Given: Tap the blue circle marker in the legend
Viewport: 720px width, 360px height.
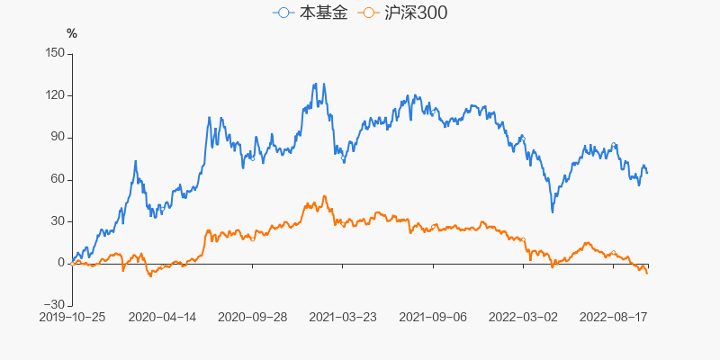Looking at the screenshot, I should [284, 13].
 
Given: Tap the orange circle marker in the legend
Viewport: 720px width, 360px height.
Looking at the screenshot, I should [368, 13].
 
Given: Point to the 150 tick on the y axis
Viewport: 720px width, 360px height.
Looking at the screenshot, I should [54, 53].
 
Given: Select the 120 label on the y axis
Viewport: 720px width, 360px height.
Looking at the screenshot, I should [54, 95].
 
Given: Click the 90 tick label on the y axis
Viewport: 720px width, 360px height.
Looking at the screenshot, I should [58, 137].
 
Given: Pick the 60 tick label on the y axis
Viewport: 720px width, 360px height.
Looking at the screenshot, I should [58, 179].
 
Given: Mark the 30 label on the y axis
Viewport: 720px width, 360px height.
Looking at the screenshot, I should [58, 221].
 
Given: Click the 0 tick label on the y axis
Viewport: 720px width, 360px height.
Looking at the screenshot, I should [61, 263].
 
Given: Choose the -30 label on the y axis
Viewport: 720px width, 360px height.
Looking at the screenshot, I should [56, 305].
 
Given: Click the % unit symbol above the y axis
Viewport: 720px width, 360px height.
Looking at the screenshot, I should [72, 33].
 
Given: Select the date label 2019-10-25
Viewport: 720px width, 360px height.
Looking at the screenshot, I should [72, 317].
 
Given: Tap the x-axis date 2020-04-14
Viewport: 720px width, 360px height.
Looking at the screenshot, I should [162, 317].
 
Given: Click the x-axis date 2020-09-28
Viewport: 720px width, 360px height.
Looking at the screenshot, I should [253, 317].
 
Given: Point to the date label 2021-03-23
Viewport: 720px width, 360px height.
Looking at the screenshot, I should [343, 317].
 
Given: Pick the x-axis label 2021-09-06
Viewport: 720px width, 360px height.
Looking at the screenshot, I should [433, 317].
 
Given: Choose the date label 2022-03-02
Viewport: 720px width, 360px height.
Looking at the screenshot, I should [523, 317].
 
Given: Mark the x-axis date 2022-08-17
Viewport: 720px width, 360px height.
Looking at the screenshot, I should [613, 317].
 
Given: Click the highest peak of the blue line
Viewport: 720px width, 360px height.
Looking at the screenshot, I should [314, 84].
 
